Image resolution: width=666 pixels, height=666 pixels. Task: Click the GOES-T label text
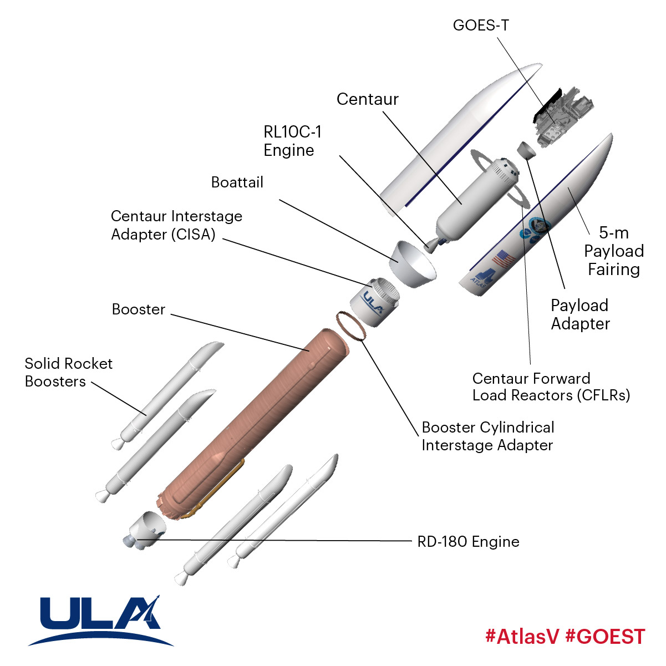click(480, 26)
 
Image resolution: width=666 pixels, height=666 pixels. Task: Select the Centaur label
click(367, 99)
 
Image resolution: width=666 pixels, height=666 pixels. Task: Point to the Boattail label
click(237, 182)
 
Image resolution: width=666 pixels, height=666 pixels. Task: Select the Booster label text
click(139, 309)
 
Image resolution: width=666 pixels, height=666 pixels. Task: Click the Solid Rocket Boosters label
click(68, 372)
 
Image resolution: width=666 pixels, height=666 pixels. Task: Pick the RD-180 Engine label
click(468, 542)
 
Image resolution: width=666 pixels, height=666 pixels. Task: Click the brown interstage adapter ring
click(350, 326)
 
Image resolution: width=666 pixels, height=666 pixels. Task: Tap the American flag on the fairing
click(503, 258)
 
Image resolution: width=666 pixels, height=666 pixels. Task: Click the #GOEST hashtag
click(605, 636)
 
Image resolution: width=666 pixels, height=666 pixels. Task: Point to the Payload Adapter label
click(580, 314)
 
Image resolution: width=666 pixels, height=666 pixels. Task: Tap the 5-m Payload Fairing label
click(613, 251)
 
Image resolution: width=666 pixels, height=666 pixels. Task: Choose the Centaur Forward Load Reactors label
click(551, 387)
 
